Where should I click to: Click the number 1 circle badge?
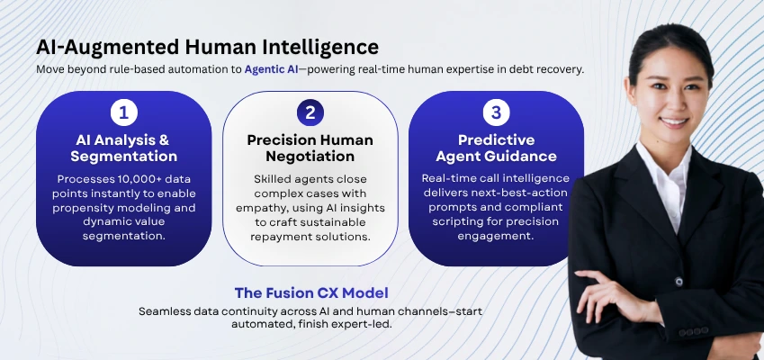(x=123, y=113)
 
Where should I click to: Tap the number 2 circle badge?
(x=310, y=113)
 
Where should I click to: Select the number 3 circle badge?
(x=496, y=113)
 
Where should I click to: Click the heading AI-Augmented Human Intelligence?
(x=207, y=46)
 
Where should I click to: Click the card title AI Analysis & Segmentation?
(x=123, y=148)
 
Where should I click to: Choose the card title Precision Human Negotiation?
(x=310, y=148)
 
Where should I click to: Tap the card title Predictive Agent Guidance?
(x=496, y=148)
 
